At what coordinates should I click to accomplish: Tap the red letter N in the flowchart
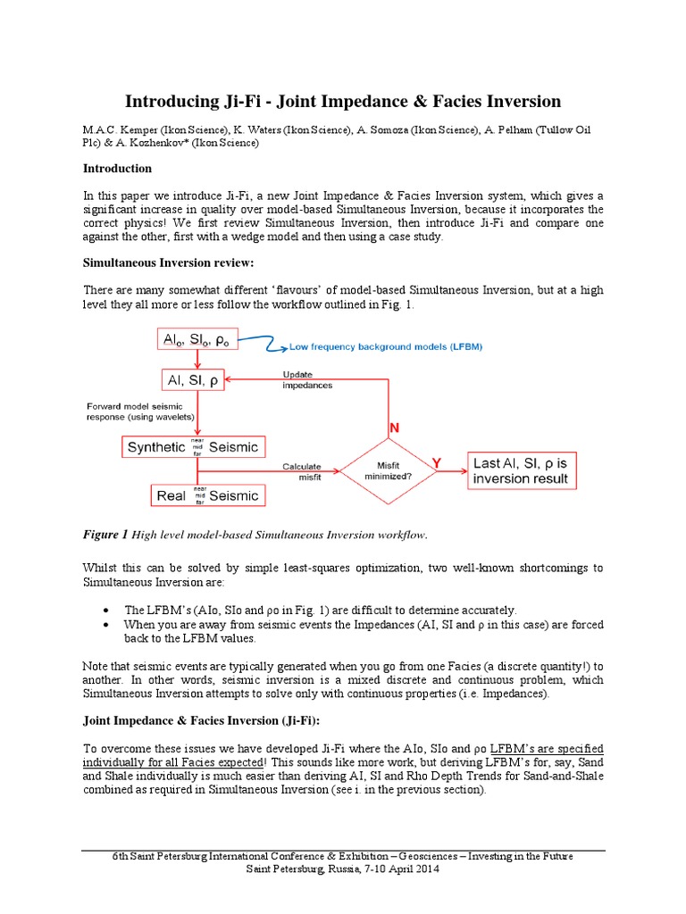(393, 429)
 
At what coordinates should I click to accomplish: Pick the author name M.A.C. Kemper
(126, 129)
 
